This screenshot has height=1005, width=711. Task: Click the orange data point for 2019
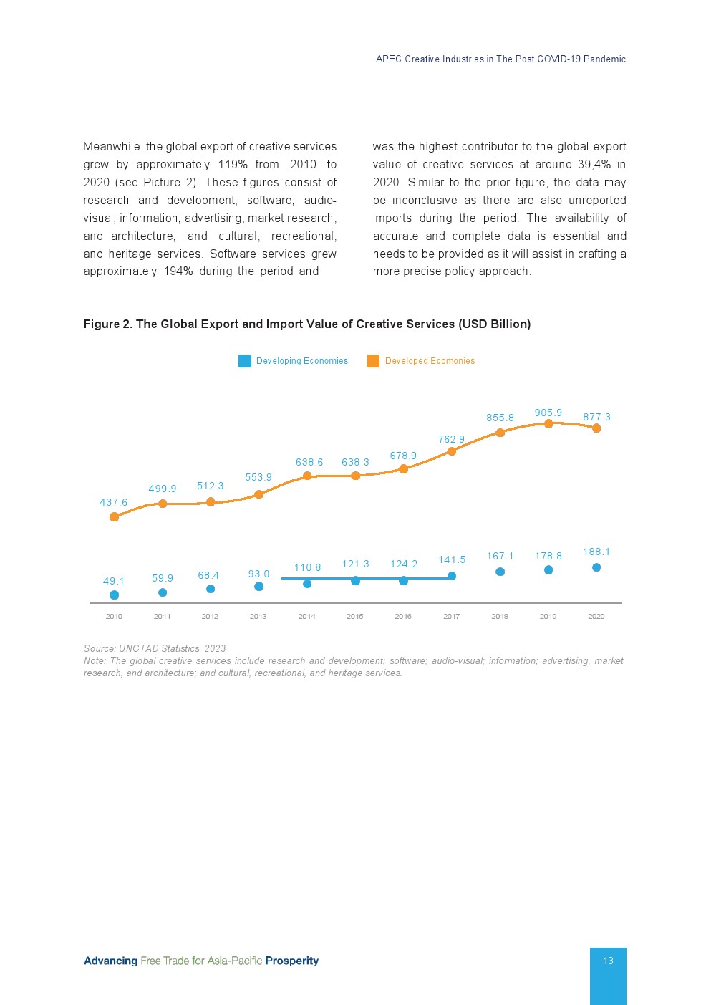548,424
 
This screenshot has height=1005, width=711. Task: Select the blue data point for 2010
114,595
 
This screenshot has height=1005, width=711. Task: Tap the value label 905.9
548,413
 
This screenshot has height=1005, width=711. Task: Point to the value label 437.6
113,502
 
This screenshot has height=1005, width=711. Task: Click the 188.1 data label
596,552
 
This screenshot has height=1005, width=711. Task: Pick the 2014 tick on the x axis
306,616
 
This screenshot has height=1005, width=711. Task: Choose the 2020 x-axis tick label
596,616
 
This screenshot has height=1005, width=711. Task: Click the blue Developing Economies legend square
245,361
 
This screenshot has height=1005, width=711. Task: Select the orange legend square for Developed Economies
373,361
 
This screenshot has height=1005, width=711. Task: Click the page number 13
608,961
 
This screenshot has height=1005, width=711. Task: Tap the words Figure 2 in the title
107,324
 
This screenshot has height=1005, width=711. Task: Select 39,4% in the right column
594,164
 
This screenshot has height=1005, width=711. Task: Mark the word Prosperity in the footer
291,961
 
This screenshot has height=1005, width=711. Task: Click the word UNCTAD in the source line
139,648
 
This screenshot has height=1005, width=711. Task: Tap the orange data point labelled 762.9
452,451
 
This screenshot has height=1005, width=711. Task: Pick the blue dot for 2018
500,572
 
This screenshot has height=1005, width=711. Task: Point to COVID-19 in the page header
557,59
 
